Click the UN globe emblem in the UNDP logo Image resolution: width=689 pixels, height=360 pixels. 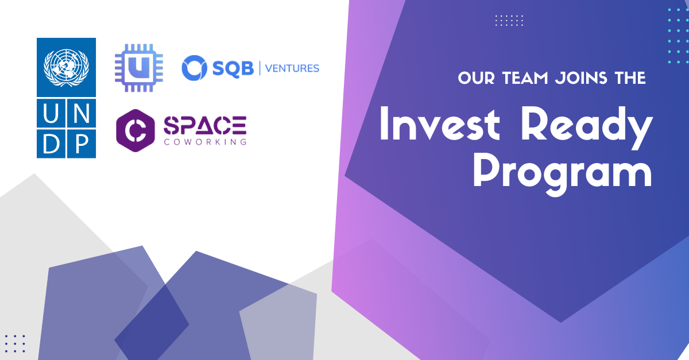coord(66,67)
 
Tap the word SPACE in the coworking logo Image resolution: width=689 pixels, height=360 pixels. coord(205,125)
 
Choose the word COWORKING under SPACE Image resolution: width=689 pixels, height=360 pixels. coord(205,141)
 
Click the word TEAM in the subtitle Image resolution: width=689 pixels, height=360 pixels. coord(520,78)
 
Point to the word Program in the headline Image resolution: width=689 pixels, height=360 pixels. coord(563,171)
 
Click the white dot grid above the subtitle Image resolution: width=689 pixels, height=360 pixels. coord(509,21)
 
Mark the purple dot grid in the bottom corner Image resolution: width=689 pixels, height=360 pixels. coord(15,343)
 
